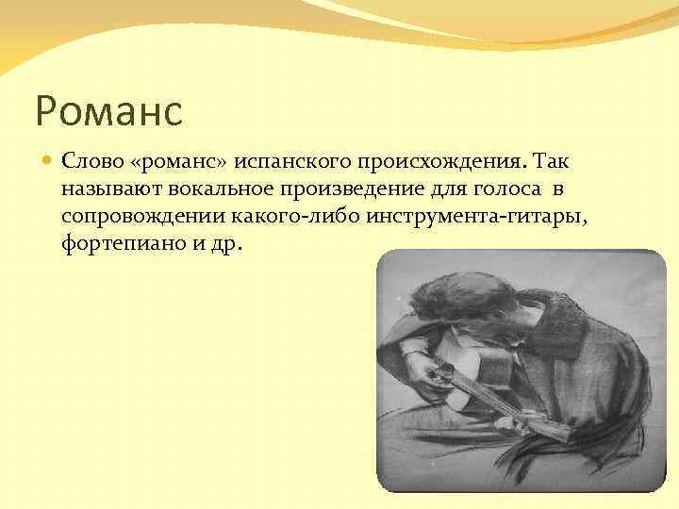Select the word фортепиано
[118, 244]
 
